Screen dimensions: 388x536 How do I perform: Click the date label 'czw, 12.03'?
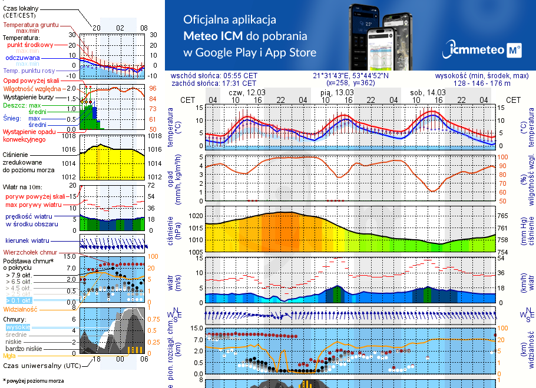[247, 93]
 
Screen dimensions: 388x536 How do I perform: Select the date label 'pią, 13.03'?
[337, 93]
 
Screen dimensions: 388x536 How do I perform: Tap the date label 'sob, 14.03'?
[428, 93]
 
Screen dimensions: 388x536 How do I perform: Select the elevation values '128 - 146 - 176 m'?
[482, 83]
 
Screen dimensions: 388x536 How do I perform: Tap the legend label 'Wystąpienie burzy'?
[28, 96]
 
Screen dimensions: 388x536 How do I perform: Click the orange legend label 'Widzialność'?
[20, 308]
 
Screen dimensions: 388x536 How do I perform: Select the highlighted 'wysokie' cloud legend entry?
[17, 327]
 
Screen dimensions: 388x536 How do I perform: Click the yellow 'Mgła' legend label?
[9, 356]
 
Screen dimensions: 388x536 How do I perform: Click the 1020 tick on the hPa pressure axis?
[196, 216]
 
